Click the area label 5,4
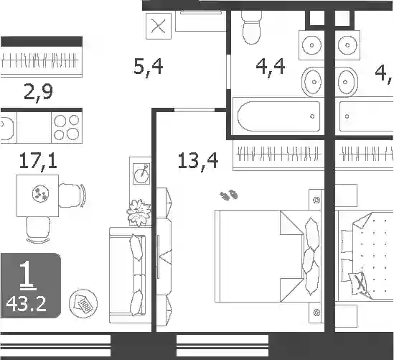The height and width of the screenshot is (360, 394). [149, 68]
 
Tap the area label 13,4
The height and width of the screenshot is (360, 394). [198, 161]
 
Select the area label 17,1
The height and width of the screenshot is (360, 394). [38, 161]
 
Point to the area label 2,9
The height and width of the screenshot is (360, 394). [38, 93]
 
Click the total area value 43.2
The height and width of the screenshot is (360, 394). [26, 304]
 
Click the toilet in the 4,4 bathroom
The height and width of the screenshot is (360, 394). [251, 27]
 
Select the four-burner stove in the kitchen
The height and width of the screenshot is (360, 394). [67, 128]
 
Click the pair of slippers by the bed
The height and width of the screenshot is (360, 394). [229, 195]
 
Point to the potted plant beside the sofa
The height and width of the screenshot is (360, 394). [139, 212]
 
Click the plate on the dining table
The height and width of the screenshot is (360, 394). [40, 193]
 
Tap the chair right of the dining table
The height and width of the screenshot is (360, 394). [72, 195]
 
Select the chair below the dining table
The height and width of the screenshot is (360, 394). [38, 229]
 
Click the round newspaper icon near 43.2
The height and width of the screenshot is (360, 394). [83, 303]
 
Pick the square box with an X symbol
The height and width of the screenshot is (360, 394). [159, 26]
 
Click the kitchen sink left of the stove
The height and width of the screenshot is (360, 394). [7, 128]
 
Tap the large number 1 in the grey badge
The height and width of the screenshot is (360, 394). [27, 274]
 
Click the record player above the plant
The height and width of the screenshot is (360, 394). [141, 174]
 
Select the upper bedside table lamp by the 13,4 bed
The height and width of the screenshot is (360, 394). [316, 200]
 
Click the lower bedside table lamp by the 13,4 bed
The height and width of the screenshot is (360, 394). [316, 313]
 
